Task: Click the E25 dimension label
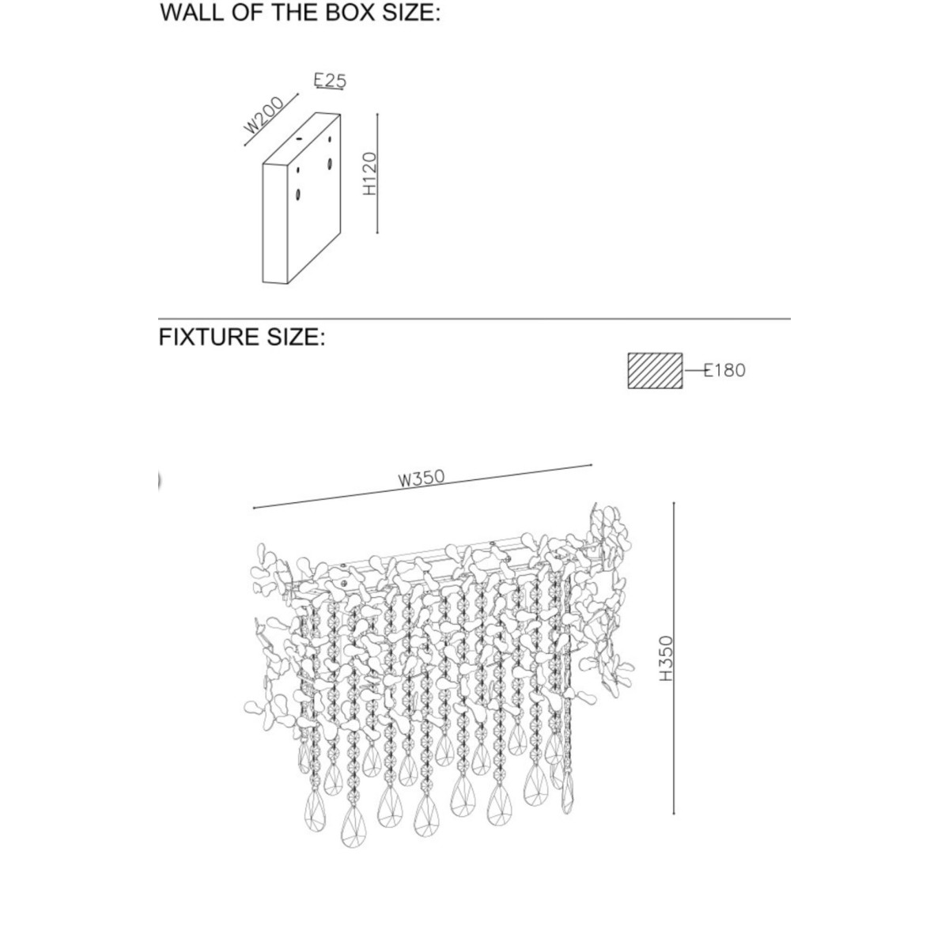[330, 81]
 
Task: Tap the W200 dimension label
[264, 115]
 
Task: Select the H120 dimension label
[369, 173]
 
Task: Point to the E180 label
[724, 370]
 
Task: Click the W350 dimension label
[422, 478]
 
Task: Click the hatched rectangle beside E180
[655, 371]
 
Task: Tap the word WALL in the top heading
[189, 12]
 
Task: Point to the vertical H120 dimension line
[377, 173]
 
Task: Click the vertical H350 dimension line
[673, 659]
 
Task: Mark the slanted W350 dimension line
[422, 486]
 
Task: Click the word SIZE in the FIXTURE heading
[296, 337]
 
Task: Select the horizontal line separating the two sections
[475, 319]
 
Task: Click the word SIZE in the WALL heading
[411, 12]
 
